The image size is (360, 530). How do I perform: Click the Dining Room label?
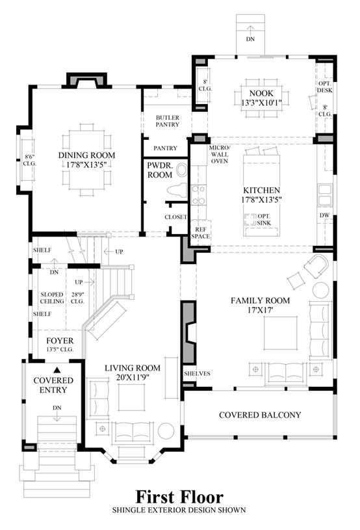(x=87, y=155)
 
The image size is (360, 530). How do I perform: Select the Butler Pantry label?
(x=168, y=121)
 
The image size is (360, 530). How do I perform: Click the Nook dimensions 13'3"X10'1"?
(x=261, y=102)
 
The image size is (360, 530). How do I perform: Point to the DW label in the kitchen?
(x=324, y=215)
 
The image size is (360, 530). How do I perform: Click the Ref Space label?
(x=201, y=233)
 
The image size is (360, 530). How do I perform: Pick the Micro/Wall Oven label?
(x=220, y=155)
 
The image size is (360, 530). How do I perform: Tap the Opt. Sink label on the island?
(x=264, y=219)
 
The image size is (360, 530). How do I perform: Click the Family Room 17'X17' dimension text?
(x=261, y=310)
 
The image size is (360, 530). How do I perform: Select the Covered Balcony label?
(x=260, y=415)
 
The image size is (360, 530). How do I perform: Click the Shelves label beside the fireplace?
(x=198, y=373)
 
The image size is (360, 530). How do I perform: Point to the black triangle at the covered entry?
(x=57, y=370)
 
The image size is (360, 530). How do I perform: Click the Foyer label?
(x=60, y=341)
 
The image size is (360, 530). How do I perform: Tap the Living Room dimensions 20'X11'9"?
(x=133, y=377)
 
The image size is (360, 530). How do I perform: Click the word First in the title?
(x=155, y=497)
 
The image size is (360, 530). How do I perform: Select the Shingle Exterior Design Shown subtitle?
(x=179, y=510)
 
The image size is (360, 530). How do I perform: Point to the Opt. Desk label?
(x=324, y=86)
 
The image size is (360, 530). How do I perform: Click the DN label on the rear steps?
(x=250, y=39)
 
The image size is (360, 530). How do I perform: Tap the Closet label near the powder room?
(x=175, y=217)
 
